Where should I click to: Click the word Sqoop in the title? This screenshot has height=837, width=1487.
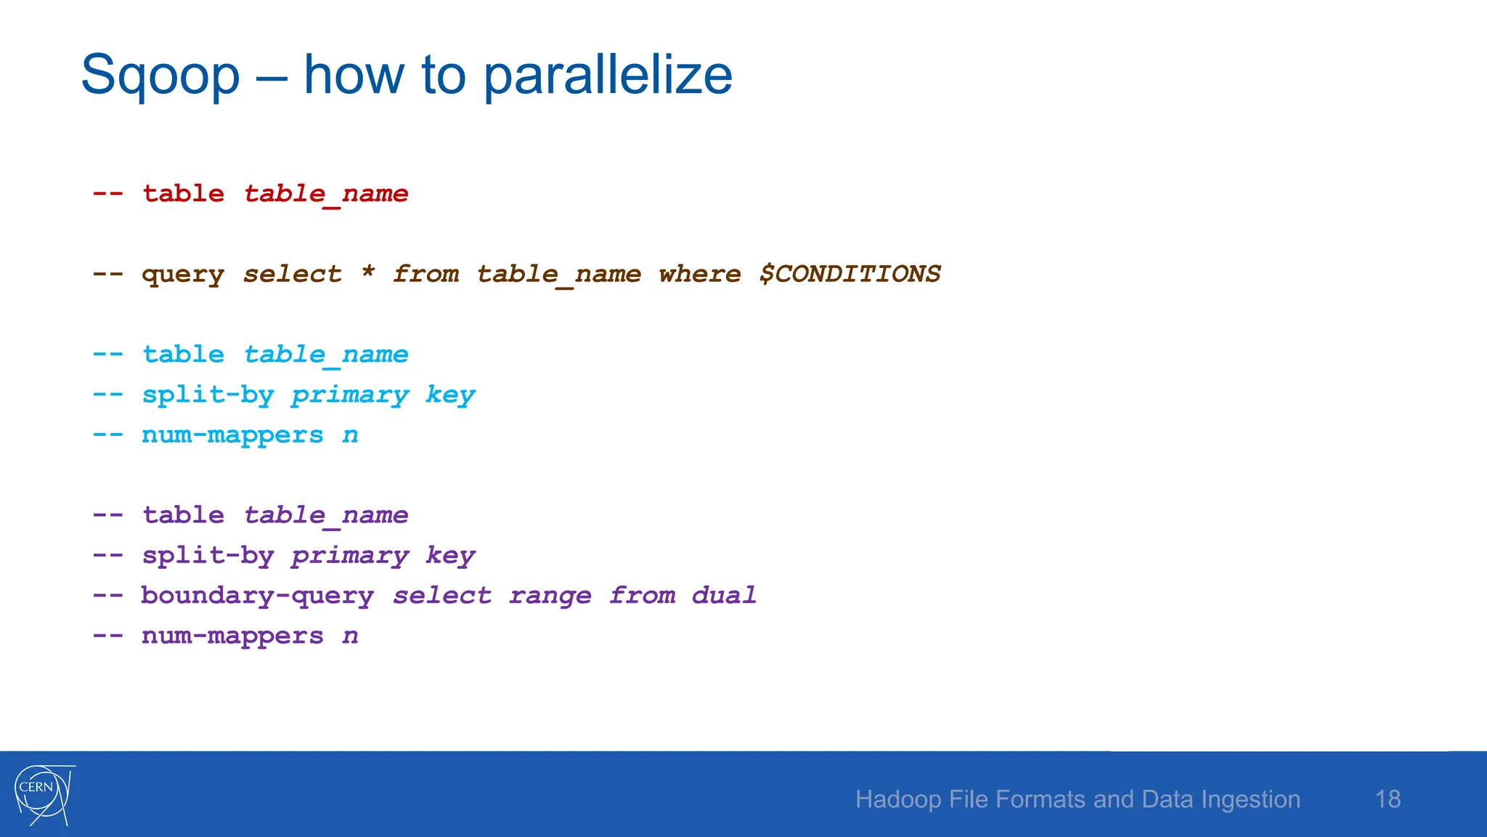160,76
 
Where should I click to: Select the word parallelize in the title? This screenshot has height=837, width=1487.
608,76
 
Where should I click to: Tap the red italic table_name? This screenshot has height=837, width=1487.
326,194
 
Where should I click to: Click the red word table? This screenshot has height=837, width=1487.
183,194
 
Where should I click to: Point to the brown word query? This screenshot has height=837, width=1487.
183,275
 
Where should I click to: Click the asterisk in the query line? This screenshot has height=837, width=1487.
368,273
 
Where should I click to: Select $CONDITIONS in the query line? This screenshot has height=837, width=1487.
850,274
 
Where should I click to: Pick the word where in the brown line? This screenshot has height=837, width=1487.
699,274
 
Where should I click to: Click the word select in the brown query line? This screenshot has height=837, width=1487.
292,274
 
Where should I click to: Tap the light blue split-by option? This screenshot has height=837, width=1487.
208,395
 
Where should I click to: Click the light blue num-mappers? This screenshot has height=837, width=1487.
232,435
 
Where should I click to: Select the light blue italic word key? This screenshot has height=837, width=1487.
450,395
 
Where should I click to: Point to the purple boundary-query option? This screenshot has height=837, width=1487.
257,596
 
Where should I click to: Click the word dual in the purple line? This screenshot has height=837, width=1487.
724,596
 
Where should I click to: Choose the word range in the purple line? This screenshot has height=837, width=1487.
550,597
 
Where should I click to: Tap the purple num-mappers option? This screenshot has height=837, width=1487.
232,636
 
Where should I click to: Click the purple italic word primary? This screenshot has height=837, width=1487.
350,556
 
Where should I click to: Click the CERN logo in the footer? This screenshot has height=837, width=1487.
44,794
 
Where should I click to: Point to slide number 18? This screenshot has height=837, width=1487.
1388,799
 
